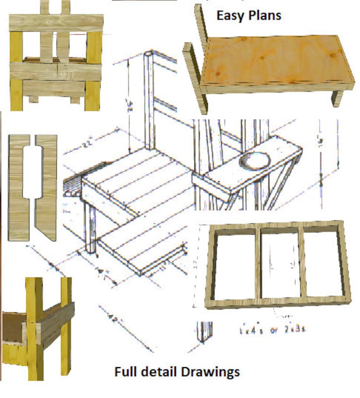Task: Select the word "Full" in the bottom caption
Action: point(126,372)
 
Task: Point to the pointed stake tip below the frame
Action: point(205,336)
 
